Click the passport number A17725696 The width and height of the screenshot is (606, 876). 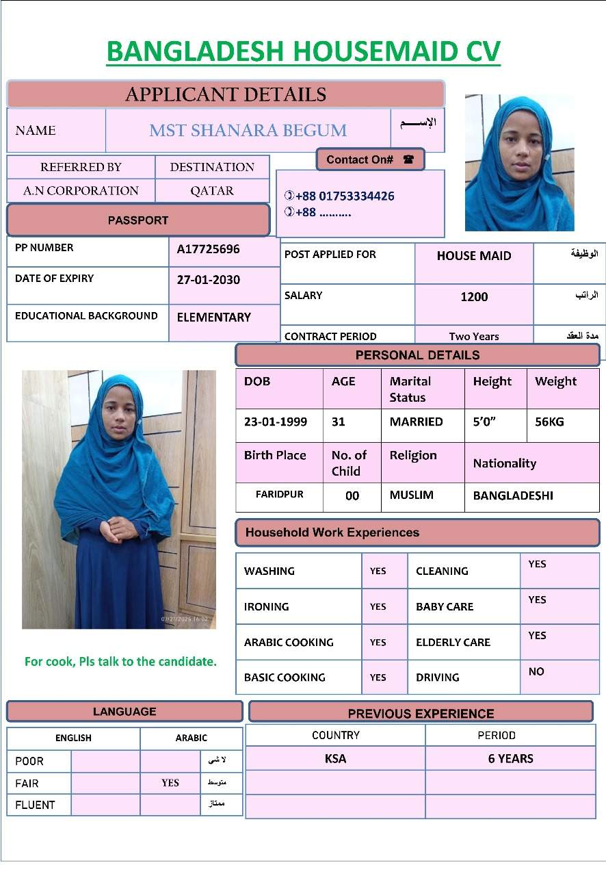(208, 249)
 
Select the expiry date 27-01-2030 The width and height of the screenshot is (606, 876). (208, 280)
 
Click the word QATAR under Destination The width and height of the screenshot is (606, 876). (212, 191)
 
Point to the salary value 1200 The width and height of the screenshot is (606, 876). (474, 296)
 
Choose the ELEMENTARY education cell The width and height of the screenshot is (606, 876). (213, 318)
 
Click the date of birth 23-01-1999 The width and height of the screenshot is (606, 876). (276, 422)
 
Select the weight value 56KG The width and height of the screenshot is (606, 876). (549, 422)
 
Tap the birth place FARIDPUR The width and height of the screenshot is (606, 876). (279, 495)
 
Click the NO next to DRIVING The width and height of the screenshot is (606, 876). (536, 672)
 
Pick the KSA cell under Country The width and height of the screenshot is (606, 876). (335, 759)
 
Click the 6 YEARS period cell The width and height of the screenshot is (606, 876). (510, 759)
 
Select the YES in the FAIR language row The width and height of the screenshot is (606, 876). (170, 783)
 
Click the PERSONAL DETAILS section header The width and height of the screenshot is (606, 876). (417, 355)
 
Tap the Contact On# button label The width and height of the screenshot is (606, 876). (360, 159)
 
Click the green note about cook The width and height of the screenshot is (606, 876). (120, 662)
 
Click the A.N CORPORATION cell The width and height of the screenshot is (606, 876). (81, 191)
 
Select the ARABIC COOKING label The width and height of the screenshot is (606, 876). (289, 643)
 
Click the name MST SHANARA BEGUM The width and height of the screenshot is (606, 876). (248, 131)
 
